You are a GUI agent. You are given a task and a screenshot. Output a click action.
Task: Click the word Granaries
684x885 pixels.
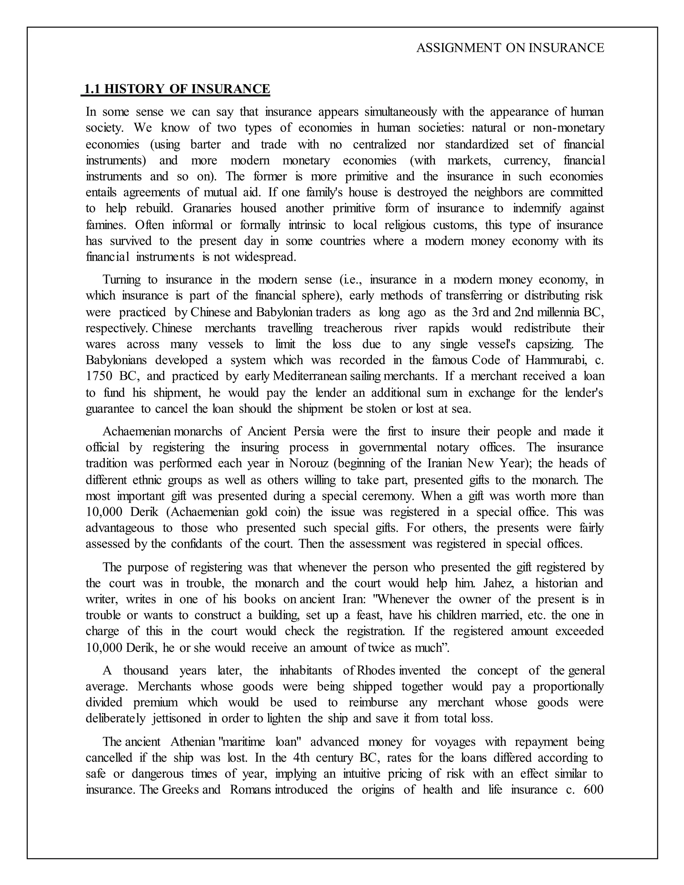click(207, 208)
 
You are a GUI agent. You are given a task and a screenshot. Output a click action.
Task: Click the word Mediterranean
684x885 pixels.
click(310, 376)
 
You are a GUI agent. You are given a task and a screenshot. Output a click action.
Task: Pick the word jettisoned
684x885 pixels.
click(177, 718)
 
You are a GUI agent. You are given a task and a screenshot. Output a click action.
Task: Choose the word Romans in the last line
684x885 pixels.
click(250, 790)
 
